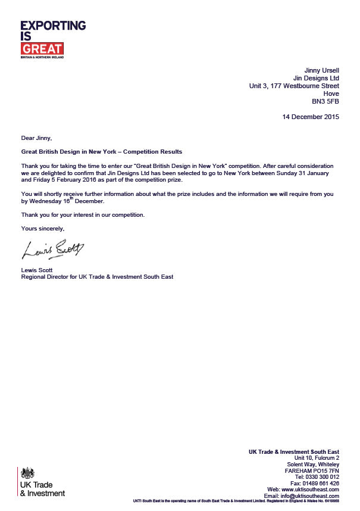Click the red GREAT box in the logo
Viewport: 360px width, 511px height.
point(42,49)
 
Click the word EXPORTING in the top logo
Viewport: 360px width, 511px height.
point(53,26)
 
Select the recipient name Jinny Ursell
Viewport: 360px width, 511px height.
point(321,70)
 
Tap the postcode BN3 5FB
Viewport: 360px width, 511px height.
point(325,101)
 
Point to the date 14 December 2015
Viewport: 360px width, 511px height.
point(311,117)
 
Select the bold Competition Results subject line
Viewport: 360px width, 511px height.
point(101,152)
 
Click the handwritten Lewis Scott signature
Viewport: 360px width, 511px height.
point(53,250)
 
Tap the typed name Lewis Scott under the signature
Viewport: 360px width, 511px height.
point(37,270)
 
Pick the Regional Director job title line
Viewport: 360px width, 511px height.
point(97,277)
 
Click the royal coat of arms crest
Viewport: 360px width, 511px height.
point(27,473)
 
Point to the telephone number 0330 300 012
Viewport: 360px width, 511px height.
point(318,477)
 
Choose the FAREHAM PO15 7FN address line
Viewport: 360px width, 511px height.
point(312,471)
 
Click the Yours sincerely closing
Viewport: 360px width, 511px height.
point(42,229)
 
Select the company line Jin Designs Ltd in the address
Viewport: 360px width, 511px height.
point(316,78)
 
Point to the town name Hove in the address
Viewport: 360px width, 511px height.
point(331,94)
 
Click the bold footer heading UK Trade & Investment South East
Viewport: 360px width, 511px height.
point(294,452)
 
